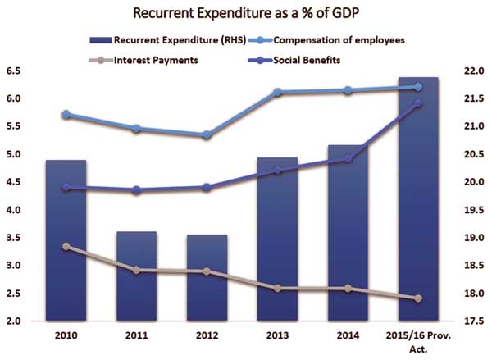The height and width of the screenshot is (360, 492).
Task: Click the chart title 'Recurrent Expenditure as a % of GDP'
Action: pyautogui.click(x=245, y=14)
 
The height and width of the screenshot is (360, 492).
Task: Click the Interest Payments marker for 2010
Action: pyautogui.click(x=66, y=247)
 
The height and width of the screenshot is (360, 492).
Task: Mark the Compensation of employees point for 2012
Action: pyautogui.click(x=207, y=134)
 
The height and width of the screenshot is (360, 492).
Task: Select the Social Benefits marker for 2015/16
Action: pyautogui.click(x=419, y=103)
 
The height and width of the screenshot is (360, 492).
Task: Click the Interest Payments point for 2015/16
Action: pyautogui.click(x=419, y=298)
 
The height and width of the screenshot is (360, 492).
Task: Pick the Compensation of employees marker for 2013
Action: pyautogui.click(x=278, y=92)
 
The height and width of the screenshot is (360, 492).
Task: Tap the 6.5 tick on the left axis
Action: pyautogui.click(x=13, y=71)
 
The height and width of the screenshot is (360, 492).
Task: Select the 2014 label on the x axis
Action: pyautogui.click(x=348, y=336)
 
